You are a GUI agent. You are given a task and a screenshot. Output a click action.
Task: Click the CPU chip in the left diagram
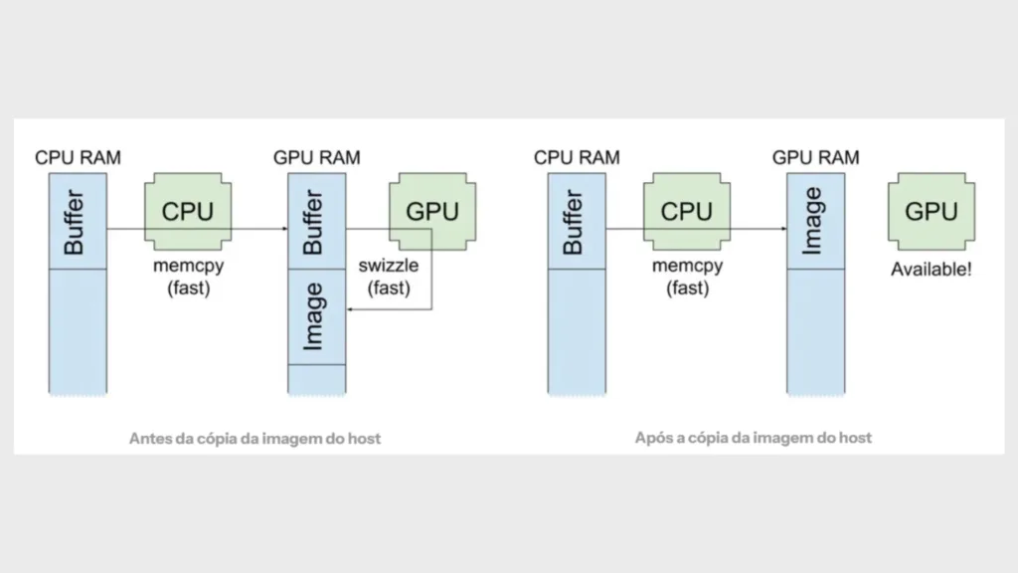pos(187,212)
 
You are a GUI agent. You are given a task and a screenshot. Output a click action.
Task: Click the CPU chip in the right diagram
pos(686,212)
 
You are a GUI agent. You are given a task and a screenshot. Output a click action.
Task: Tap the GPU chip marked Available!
pos(931,212)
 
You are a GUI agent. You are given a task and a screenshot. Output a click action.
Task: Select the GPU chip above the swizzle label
pos(432,212)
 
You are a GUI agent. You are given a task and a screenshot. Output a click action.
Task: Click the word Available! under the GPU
pos(931,270)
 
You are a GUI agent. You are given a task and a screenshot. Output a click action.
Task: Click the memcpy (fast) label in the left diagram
pos(187,278)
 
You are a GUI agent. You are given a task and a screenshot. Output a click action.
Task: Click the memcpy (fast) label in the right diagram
pos(686,278)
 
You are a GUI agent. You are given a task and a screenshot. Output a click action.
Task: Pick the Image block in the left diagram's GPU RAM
pos(316,316)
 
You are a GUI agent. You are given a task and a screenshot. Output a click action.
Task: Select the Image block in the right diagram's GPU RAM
pos(815,221)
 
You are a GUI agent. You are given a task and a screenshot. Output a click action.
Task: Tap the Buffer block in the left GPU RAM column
pos(316,221)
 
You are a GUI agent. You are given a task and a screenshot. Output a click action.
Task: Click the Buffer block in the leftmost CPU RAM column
pos(78,221)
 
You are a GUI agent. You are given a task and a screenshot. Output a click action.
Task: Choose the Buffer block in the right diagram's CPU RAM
pos(577,221)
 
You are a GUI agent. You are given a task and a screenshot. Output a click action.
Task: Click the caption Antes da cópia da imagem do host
pos(254,438)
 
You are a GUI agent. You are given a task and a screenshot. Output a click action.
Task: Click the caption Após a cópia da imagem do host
pos(753,438)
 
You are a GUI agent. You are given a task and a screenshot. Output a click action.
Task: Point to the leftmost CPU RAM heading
pos(78,157)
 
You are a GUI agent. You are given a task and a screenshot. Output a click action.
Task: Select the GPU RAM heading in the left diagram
pos(316,157)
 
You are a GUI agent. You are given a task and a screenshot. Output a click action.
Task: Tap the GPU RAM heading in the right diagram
pos(815,157)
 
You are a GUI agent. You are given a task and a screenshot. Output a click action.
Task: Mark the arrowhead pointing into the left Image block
pos(350,309)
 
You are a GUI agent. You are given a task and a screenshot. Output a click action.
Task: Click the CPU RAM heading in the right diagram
pos(577,157)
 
